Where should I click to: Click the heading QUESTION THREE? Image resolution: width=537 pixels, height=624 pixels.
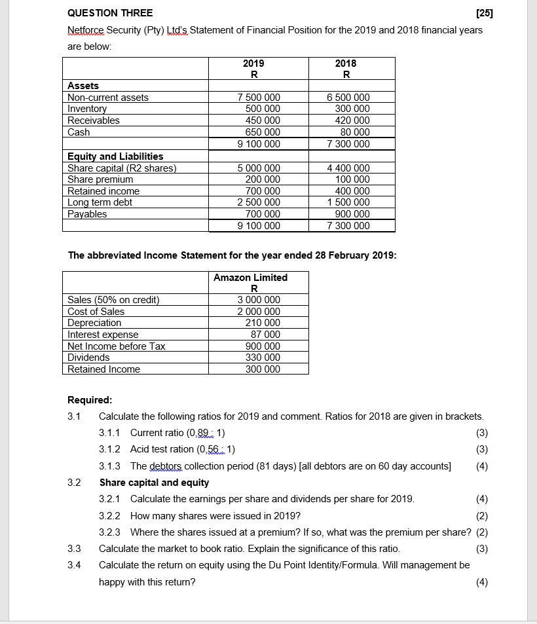(x=110, y=13)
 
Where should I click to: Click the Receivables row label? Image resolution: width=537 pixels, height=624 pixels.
(x=94, y=120)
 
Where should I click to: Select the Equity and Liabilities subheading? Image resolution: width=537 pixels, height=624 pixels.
(x=115, y=156)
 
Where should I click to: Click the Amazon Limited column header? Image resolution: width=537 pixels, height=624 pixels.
(x=250, y=278)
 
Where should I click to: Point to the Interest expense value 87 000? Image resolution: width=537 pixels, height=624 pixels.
(x=265, y=335)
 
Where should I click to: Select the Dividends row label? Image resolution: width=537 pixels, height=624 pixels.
(x=88, y=358)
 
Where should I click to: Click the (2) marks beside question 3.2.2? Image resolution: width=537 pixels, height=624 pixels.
(x=482, y=516)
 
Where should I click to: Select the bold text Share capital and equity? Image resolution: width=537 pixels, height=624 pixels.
(x=154, y=483)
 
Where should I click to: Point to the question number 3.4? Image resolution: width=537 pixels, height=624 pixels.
(x=74, y=565)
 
